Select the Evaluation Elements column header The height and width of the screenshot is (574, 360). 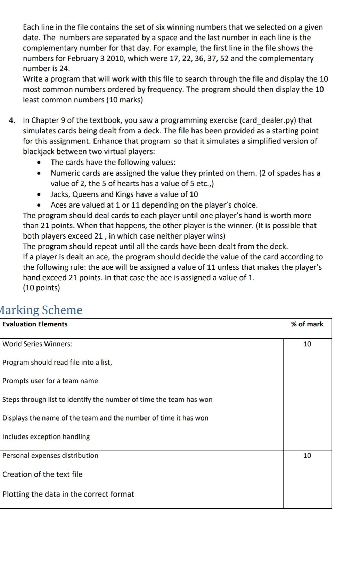tap(35, 324)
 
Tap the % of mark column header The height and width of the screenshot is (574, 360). tap(307, 324)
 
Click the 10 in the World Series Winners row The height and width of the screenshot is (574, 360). tap(307, 344)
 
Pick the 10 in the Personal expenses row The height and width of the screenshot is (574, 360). tap(307, 455)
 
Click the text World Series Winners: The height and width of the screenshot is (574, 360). tap(38, 344)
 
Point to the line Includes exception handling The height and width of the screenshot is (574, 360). tap(46, 436)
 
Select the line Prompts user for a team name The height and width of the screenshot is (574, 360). tap(50, 381)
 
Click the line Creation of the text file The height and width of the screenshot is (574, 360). tap(42, 474)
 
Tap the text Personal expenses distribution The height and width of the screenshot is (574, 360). tap(50, 455)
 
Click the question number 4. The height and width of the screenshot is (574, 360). tap(12, 120)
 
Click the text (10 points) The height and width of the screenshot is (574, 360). tap(41, 288)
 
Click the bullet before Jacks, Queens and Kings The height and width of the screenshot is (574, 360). tap(41, 194)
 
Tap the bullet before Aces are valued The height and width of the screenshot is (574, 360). tap(41, 205)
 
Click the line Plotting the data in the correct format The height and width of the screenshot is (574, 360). tap(68, 494)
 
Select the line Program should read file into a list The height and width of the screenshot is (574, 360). tap(57, 362)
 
